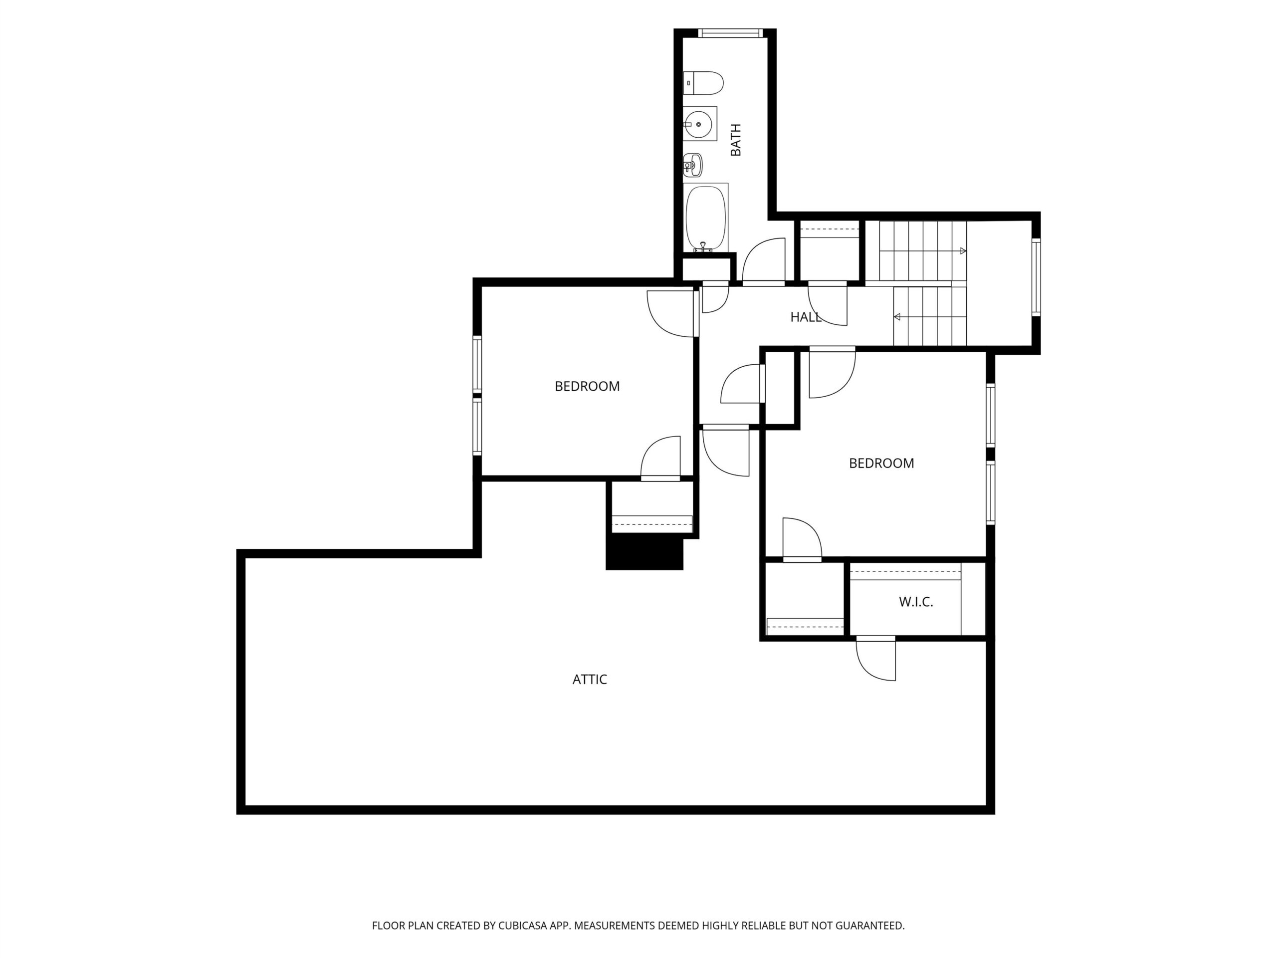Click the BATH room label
(735, 140)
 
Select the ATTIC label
(590, 680)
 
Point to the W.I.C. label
(916, 602)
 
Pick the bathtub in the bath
(705, 218)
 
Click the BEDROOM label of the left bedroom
(587, 386)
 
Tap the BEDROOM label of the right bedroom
(881, 463)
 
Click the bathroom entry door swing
(763, 261)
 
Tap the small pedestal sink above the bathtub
(693, 165)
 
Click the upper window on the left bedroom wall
(477, 364)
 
